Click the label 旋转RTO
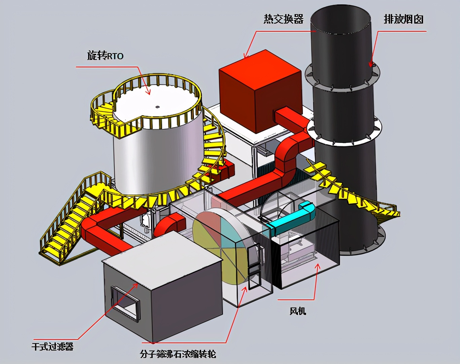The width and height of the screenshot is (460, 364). tap(105, 56)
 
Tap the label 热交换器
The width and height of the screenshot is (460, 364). tap(283, 19)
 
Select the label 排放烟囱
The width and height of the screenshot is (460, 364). tap(404, 20)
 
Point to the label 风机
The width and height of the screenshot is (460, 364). tap(298, 311)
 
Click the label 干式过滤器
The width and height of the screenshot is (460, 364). tap(52, 346)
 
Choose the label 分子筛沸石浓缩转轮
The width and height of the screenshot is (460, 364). tap(178, 354)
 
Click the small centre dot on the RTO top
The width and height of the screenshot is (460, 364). tap(157, 107)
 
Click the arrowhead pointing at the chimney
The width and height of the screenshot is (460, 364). tap(371, 65)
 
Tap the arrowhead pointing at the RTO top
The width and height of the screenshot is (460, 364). tap(148, 92)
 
